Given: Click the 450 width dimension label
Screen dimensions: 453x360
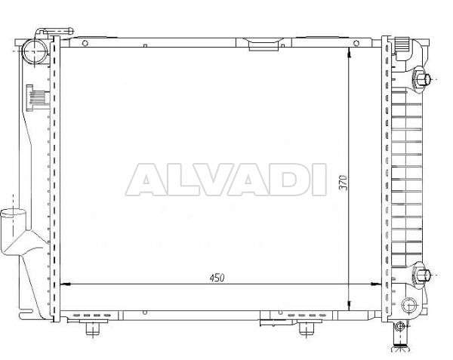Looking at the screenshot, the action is coord(217,278).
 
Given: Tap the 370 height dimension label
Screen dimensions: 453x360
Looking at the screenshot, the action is coord(344,182).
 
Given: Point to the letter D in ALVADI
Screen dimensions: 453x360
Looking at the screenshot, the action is coord(288,180).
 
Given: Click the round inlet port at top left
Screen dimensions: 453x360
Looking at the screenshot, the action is coord(35,51).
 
